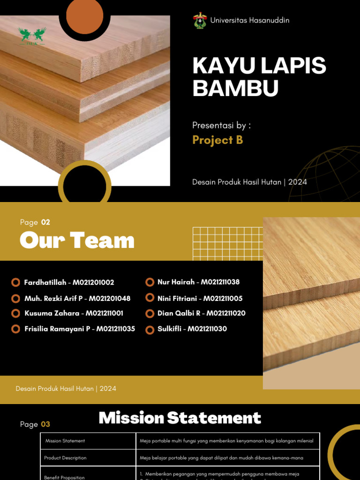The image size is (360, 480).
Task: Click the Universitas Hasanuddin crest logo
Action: (200, 21)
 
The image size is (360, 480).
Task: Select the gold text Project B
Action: (217, 140)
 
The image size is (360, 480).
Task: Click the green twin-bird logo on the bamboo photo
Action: (32, 35)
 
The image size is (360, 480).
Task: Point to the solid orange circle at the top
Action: (84, 15)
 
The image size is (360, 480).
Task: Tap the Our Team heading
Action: (77, 241)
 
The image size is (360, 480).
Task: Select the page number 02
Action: (45, 222)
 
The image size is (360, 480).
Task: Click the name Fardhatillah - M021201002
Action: (69, 283)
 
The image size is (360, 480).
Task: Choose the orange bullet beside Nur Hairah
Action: (150, 282)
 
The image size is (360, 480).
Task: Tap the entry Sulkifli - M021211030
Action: (192, 329)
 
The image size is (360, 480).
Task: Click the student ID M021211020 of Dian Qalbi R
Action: (226, 313)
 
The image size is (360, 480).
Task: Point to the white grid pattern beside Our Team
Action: (228, 244)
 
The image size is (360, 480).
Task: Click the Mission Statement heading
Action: (180, 418)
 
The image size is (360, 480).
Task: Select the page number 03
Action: (45, 424)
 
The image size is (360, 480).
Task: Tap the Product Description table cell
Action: (65, 458)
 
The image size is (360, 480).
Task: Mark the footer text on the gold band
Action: (66, 389)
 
